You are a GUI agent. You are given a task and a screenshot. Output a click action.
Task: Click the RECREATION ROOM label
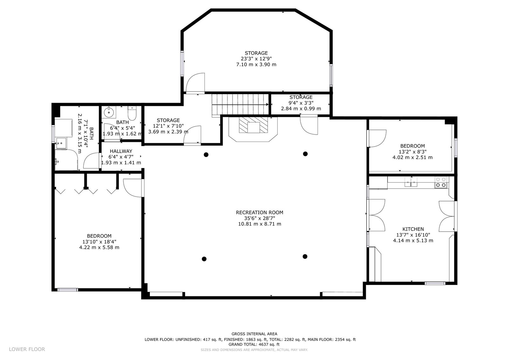point(260,212)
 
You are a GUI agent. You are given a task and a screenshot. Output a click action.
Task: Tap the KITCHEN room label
point(413,229)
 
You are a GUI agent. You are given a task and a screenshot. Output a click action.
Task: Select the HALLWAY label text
point(121,151)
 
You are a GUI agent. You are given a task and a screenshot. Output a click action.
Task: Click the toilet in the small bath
point(132,113)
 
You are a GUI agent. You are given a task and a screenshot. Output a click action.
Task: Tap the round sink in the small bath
point(108,112)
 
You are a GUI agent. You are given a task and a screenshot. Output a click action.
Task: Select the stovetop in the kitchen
point(441,182)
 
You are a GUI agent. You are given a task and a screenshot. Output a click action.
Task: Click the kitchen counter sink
point(411,182)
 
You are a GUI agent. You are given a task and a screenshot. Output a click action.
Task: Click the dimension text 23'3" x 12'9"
point(256,59)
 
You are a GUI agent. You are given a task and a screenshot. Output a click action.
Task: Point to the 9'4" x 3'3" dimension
point(301,103)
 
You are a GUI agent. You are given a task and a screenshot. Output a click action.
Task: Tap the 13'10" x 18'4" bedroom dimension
point(99,242)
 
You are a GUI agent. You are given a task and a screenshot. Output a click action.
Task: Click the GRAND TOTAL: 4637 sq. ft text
point(254,344)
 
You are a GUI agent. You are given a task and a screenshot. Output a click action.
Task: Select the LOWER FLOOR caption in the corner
point(27,349)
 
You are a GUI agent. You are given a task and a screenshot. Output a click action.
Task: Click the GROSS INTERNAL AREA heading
point(254,334)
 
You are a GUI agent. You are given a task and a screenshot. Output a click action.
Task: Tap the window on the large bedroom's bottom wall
point(68,290)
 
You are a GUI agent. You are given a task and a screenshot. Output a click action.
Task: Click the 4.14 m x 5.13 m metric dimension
point(413,240)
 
